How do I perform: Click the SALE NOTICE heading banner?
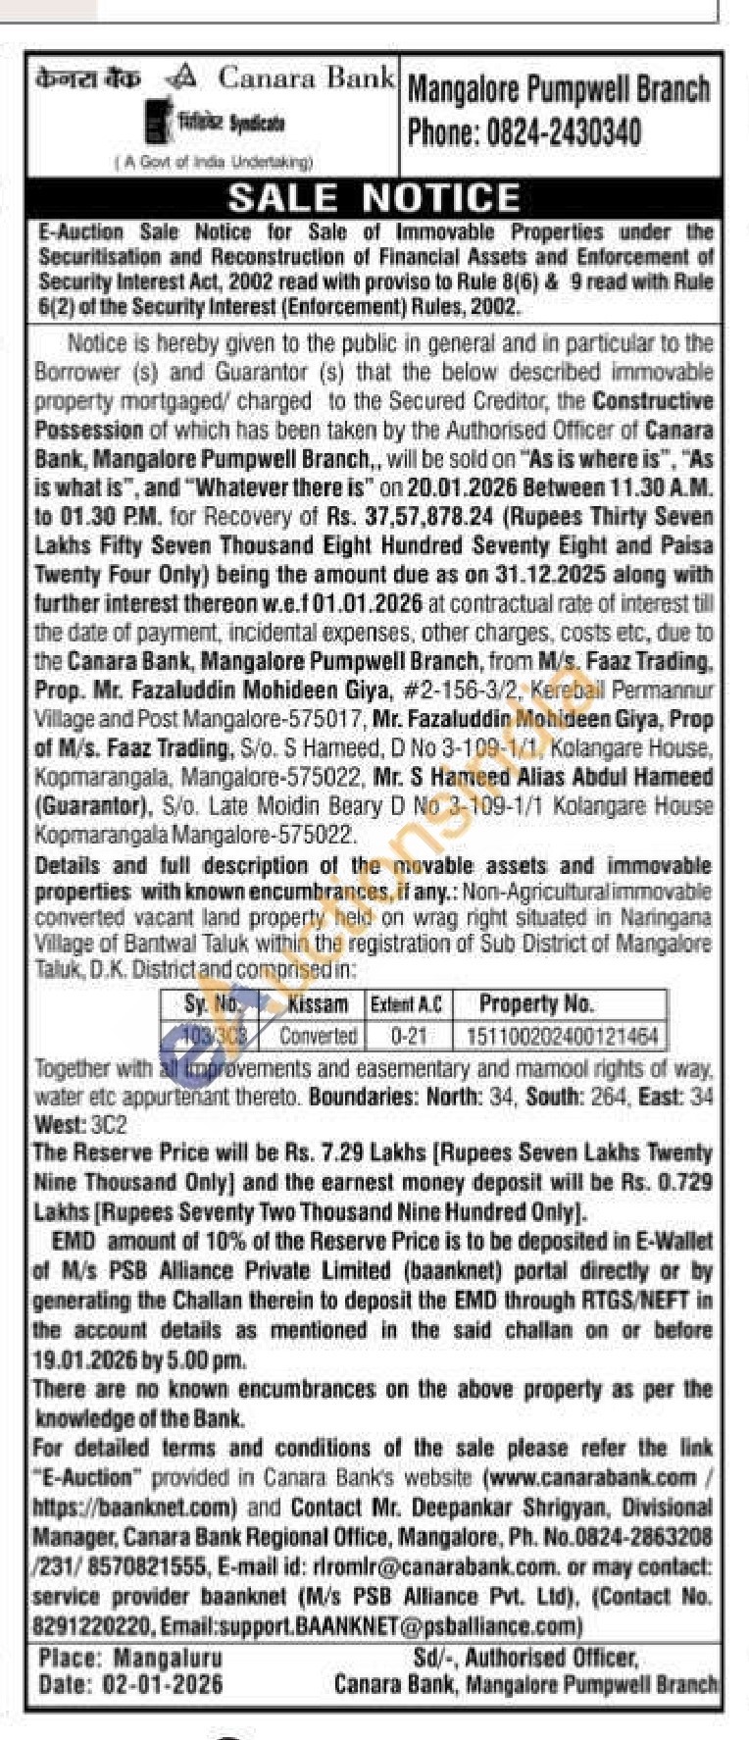coord(374,198)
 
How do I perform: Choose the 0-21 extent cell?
coord(405,1036)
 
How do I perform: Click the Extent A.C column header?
coord(405,1004)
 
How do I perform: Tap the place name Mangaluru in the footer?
coord(168,1659)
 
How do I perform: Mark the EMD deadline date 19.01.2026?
coord(75,1361)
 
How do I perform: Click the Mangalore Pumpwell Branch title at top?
coord(558,90)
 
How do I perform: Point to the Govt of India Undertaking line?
coord(213,163)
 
